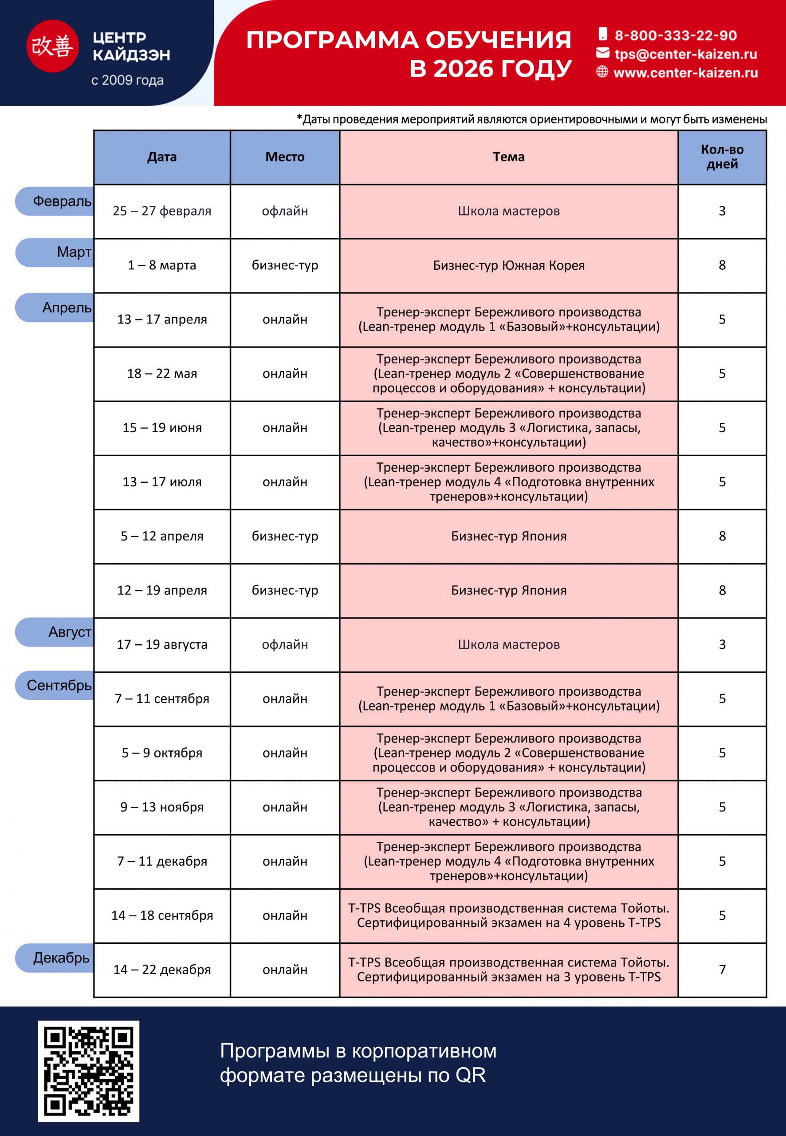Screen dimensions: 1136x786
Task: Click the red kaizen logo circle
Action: (x=52, y=46)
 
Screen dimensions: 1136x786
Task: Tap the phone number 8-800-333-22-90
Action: (x=675, y=35)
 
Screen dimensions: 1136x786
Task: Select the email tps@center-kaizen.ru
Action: (x=685, y=54)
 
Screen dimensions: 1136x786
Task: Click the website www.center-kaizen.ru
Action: (x=685, y=73)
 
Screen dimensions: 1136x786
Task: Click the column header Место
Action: (x=285, y=157)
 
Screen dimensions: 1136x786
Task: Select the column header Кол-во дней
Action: (x=722, y=157)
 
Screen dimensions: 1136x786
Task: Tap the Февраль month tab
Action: (x=55, y=201)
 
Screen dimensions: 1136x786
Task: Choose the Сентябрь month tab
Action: (x=55, y=685)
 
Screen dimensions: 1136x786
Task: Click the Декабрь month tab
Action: (x=55, y=958)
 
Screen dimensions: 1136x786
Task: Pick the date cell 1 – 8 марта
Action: (x=162, y=265)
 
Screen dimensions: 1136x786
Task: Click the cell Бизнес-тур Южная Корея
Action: (x=508, y=265)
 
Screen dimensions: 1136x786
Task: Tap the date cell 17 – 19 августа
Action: (x=162, y=644)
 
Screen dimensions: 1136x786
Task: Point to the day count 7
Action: (x=722, y=970)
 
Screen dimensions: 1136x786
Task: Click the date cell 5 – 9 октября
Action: (x=162, y=753)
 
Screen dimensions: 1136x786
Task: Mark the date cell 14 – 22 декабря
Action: (x=162, y=970)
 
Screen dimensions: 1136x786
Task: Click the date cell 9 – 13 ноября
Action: (x=162, y=807)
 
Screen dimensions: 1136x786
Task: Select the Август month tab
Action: (x=55, y=632)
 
